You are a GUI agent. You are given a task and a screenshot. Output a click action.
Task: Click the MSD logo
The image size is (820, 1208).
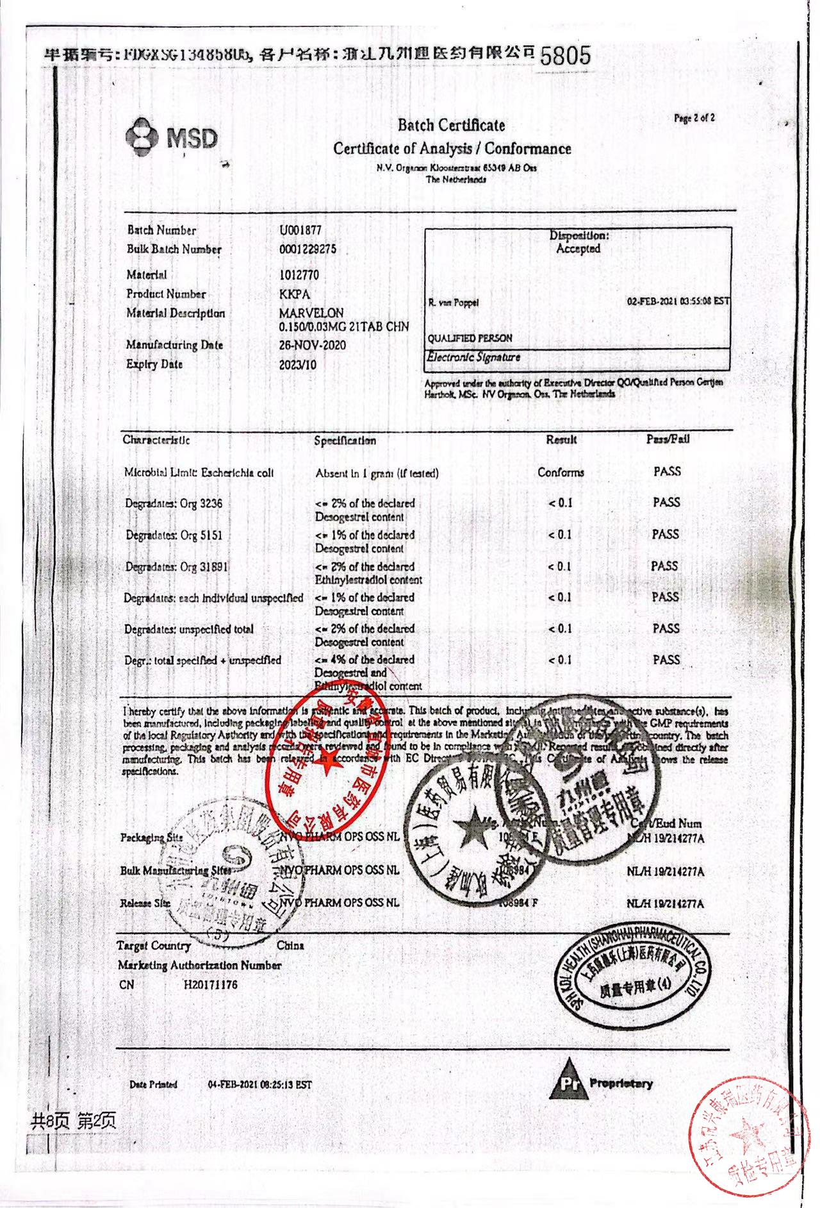172,137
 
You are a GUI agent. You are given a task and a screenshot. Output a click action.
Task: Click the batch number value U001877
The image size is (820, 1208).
300,230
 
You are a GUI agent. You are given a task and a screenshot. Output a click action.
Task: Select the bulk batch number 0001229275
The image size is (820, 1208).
307,249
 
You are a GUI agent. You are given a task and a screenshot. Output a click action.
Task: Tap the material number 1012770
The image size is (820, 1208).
299,275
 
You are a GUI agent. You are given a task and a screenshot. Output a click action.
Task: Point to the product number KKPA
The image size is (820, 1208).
295,294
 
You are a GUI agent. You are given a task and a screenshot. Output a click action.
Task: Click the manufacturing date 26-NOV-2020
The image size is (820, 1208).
312,345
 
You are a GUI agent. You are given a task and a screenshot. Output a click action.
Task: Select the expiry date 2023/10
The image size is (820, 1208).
297,365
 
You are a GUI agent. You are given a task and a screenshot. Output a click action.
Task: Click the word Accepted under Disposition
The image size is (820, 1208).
578,249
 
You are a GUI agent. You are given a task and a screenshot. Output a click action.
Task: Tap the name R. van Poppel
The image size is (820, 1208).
454,303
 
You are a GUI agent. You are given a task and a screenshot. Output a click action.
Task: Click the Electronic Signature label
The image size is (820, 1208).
474,357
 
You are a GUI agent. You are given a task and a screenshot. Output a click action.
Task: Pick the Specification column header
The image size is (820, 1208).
345,440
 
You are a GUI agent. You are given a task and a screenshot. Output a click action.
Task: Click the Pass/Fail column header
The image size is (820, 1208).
668,439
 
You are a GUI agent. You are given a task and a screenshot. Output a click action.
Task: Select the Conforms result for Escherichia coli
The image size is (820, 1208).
561,473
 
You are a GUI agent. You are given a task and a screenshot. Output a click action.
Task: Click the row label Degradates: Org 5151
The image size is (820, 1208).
174,535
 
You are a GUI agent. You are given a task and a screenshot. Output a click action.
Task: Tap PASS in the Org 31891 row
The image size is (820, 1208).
664,566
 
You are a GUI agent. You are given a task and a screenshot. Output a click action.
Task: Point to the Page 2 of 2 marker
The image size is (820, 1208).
694,118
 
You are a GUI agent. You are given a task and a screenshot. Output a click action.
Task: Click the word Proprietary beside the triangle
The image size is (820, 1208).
621,1084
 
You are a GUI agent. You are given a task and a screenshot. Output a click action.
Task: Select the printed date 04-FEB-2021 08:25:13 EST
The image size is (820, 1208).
259,1085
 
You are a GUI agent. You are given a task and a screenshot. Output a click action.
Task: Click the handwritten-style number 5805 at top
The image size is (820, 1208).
565,56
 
